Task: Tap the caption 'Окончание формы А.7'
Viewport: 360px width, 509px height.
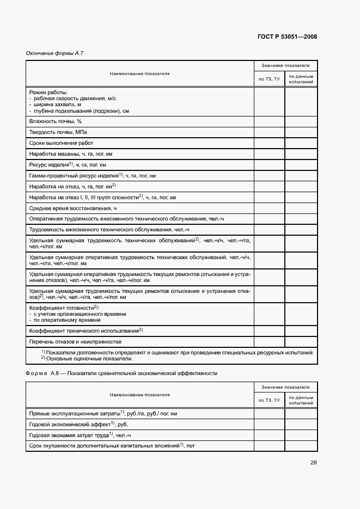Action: (x=55, y=53)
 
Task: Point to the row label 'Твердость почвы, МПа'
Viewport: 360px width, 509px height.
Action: (x=57, y=132)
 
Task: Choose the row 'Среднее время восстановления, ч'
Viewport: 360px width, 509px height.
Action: (x=73, y=208)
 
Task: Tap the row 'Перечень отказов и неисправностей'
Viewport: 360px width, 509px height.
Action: (x=75, y=341)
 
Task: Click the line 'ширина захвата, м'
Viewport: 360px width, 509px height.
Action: (x=57, y=105)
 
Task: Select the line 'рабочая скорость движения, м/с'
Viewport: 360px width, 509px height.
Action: (x=75, y=99)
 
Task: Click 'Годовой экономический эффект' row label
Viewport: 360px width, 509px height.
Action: (x=78, y=424)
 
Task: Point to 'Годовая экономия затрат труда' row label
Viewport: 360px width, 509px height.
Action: (x=80, y=435)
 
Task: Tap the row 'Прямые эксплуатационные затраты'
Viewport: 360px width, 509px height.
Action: (x=102, y=413)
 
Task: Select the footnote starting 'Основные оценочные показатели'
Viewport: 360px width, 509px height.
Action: (x=87, y=359)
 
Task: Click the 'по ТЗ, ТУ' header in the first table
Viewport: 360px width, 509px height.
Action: (x=269, y=79)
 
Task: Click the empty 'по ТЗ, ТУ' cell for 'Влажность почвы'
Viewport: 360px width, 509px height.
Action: (x=269, y=121)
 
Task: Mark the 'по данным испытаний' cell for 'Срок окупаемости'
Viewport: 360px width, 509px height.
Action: (x=301, y=446)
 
